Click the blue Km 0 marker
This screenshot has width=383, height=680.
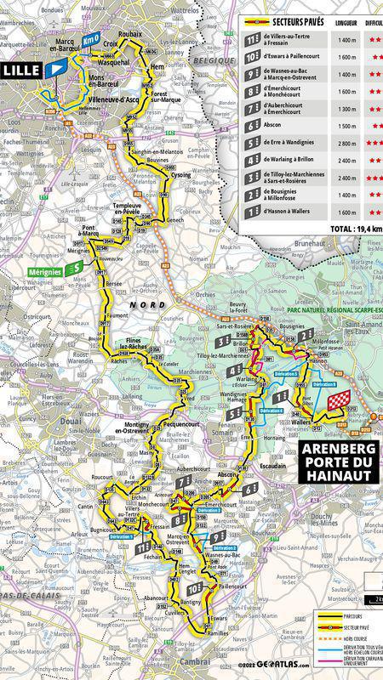click(92, 38)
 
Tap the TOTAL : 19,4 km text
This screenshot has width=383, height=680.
click(355, 228)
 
